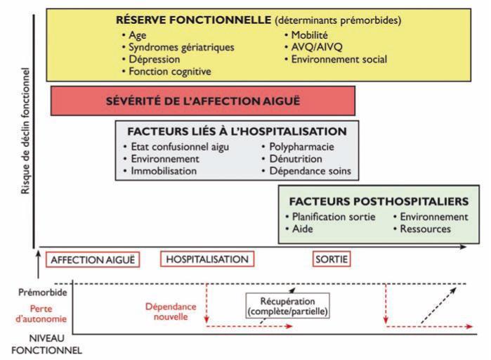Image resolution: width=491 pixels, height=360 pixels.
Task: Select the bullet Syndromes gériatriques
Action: tap(181, 47)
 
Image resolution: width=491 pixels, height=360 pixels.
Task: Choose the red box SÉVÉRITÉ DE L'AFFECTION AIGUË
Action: tap(202, 101)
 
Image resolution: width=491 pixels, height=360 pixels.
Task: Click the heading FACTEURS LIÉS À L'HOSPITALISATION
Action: tap(237, 131)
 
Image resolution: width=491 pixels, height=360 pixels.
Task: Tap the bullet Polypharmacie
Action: tap(301, 147)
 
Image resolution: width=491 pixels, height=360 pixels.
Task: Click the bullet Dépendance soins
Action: tap(310, 171)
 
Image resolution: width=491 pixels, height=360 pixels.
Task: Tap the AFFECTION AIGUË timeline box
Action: tap(92, 259)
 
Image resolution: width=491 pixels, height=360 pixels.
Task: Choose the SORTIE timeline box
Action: tap(332, 259)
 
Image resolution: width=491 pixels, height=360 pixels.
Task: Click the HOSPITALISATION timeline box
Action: tap(207, 259)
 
